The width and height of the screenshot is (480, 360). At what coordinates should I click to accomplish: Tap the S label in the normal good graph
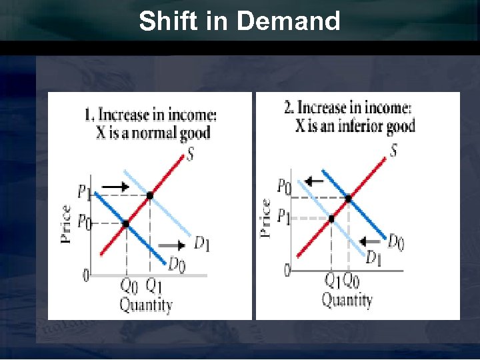[191, 155]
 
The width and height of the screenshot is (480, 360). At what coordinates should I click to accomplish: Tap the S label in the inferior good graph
[394, 151]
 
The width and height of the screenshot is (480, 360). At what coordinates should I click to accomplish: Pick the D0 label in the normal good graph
[177, 265]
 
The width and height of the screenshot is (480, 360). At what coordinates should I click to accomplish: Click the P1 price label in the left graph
[84, 193]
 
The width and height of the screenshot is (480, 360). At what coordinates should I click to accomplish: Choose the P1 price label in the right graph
[284, 217]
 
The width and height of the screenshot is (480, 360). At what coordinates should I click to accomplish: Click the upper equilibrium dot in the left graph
[150, 195]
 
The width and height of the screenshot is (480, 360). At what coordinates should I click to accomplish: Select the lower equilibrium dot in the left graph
[125, 223]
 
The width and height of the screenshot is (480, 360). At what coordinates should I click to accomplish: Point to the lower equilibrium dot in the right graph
[331, 218]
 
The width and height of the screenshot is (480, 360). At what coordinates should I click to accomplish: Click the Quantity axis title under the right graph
[347, 300]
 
